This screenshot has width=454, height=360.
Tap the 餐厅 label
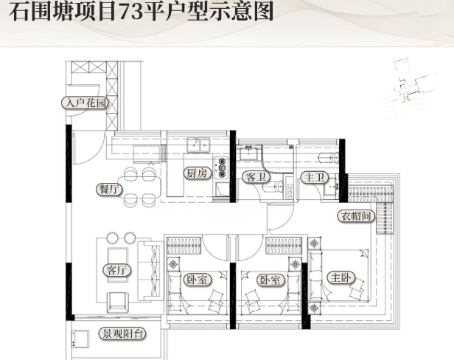point(108,189)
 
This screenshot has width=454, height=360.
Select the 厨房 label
point(197,174)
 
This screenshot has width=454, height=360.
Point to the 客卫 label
point(254,176)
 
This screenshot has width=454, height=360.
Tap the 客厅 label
point(117,270)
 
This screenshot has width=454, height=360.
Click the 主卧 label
point(340,278)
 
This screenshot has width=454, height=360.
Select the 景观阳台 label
point(122,334)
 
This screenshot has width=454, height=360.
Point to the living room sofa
point(154,269)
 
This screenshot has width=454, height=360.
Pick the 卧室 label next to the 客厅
point(197,281)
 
